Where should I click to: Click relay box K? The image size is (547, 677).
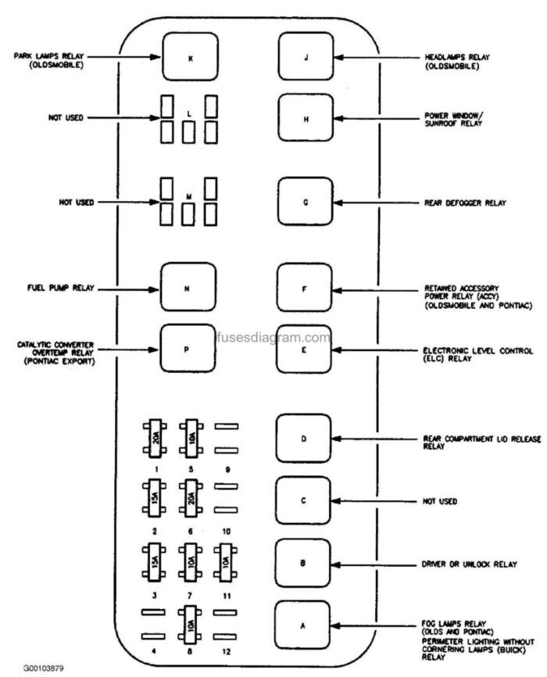[x=189, y=58]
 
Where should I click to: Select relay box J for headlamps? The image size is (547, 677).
[x=306, y=58]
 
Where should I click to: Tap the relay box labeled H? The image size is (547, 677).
[x=306, y=120]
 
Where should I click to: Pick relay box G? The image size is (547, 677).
[x=306, y=202]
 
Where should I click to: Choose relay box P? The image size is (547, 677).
[x=187, y=349]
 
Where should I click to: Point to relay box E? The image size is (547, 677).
[x=306, y=349]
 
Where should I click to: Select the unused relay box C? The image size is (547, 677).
[x=306, y=500]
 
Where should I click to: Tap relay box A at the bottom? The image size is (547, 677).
[x=306, y=623]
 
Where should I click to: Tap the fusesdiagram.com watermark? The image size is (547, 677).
[x=272, y=338]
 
